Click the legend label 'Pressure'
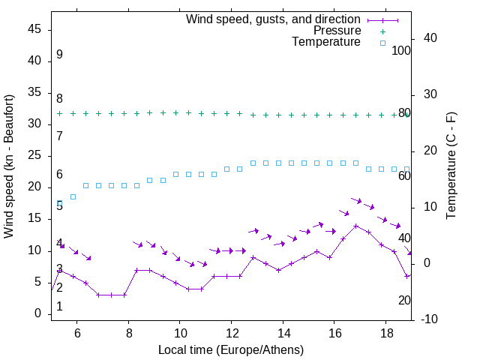(x=337, y=31)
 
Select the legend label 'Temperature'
(x=326, y=42)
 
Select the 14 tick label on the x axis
(x=283, y=332)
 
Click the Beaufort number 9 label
(x=59, y=55)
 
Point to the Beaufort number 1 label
(x=59, y=307)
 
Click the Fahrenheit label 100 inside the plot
(x=402, y=51)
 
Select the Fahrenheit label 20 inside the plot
(x=404, y=300)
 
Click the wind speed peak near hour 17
(x=355, y=226)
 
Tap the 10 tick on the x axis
(x=180, y=332)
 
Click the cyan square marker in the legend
(x=382, y=43)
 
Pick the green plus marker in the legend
(x=382, y=31)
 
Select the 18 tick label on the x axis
(x=385, y=332)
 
